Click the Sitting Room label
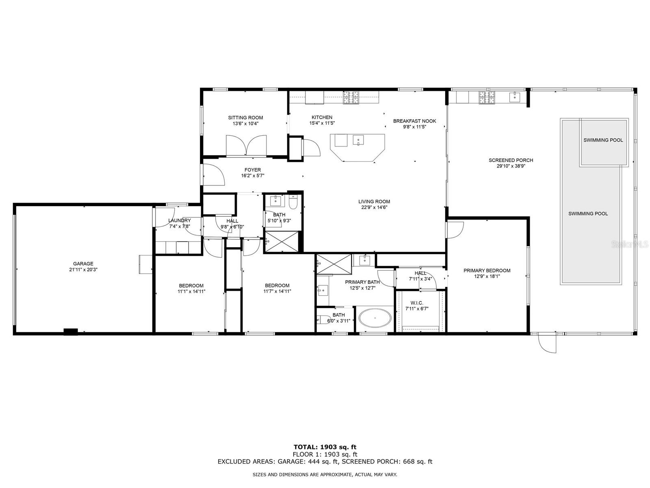245,118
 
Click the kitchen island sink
359,140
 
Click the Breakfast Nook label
414,121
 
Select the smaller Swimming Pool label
603,140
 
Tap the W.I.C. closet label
417,303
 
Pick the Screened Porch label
511,160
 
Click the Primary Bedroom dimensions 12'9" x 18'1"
487,277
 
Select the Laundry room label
179,220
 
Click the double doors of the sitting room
246,146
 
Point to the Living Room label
374,201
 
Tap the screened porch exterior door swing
546,343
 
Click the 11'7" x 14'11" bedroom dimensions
277,291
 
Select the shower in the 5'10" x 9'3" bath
281,242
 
